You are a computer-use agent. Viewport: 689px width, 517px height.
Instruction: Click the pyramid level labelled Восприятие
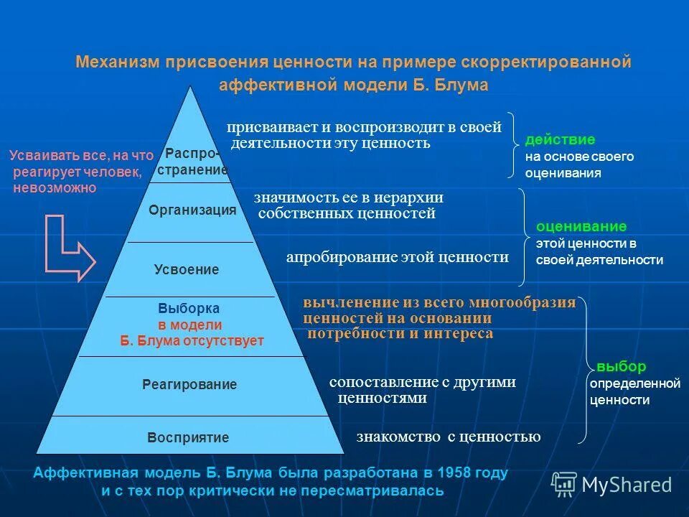pos(188,437)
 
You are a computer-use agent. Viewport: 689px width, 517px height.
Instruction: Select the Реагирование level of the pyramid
pos(189,385)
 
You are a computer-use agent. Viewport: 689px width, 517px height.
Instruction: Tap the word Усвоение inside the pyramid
pos(187,270)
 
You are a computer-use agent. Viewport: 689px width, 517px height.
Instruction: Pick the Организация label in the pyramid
pos(192,210)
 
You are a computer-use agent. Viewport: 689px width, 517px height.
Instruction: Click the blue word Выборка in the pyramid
pos(189,308)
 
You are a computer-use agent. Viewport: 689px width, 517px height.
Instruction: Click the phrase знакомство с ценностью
pos(448,437)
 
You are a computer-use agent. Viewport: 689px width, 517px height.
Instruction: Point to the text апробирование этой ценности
pos(397,257)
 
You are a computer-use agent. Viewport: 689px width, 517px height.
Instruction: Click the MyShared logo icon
pos(564,485)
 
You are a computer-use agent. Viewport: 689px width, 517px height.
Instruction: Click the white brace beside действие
pos(511,144)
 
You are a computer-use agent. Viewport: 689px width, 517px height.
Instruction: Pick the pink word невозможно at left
pos(54,187)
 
